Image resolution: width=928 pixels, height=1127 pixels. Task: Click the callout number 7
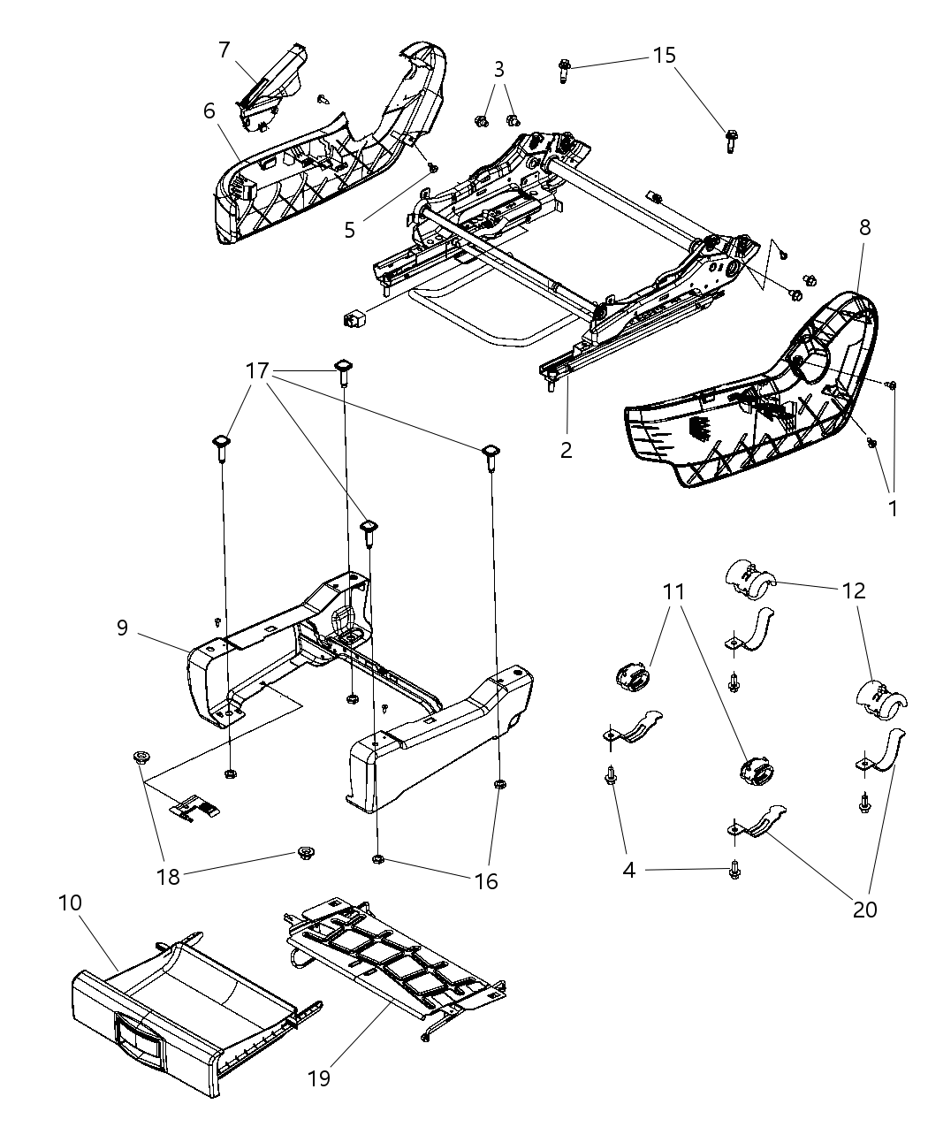[224, 49]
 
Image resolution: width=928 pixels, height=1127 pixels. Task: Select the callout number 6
[209, 110]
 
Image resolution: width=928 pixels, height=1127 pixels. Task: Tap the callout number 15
[664, 55]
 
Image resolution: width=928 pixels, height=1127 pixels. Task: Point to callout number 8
[863, 227]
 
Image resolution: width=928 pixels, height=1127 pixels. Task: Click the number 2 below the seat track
[566, 449]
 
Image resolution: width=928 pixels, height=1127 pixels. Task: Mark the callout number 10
[70, 902]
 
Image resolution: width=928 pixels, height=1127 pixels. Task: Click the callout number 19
[319, 1078]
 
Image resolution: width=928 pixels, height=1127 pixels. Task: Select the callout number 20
[864, 908]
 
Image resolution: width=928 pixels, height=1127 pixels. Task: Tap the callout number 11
[674, 591]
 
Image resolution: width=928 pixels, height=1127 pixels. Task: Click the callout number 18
[168, 876]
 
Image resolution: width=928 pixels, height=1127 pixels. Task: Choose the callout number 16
[485, 880]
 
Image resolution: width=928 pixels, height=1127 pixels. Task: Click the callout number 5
[350, 229]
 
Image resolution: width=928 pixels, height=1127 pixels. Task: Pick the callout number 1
[892, 508]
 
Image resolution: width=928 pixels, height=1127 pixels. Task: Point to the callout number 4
[628, 870]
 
